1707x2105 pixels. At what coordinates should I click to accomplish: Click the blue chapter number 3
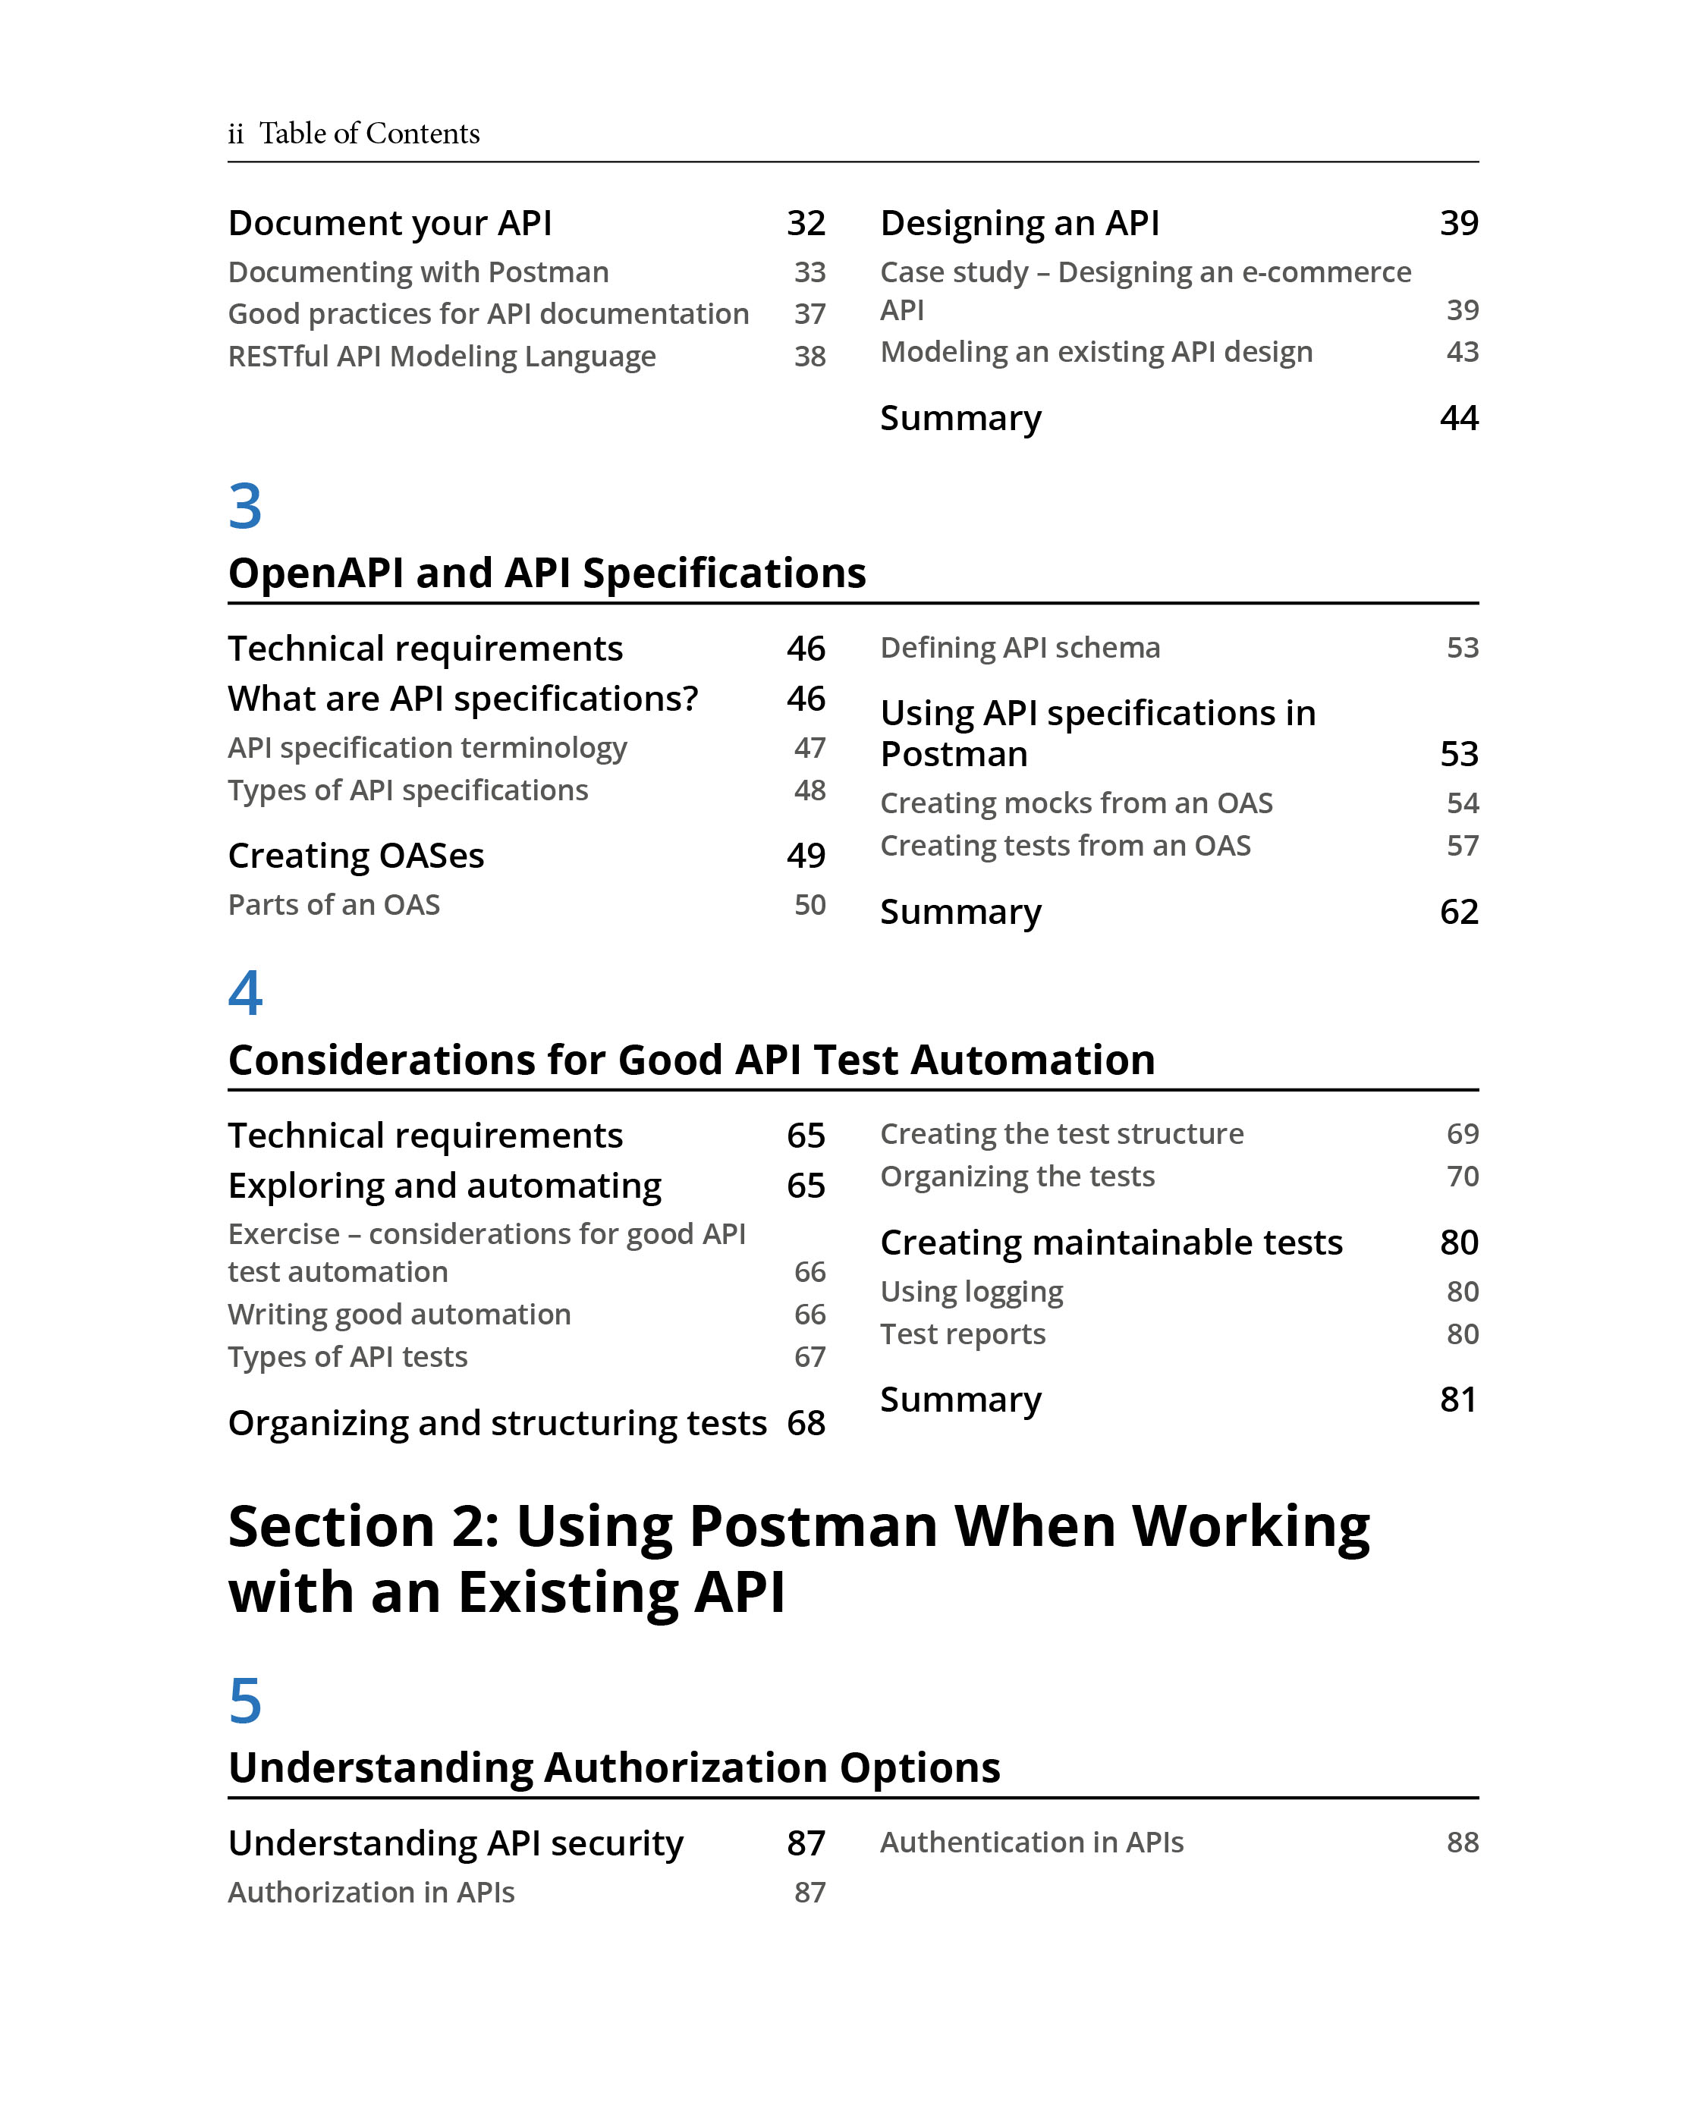pyautogui.click(x=245, y=507)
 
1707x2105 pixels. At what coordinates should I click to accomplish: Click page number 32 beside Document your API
pyautogui.click(x=805, y=223)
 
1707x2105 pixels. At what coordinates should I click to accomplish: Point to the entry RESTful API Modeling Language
pyautogui.click(x=442, y=356)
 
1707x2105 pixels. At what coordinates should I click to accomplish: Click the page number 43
pyautogui.click(x=1462, y=352)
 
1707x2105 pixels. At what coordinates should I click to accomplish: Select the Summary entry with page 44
pyautogui.click(x=960, y=418)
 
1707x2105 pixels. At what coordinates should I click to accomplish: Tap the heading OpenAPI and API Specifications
pyautogui.click(x=547, y=572)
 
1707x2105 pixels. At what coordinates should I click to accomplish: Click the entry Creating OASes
pyautogui.click(x=356, y=856)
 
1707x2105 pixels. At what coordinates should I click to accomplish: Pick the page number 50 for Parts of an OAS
pyautogui.click(x=809, y=904)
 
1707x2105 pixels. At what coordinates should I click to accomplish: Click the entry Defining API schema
pyautogui.click(x=1020, y=648)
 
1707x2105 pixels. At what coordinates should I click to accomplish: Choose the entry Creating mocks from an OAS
pyautogui.click(x=1076, y=803)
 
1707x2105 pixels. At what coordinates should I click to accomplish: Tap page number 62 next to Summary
pyautogui.click(x=1458, y=912)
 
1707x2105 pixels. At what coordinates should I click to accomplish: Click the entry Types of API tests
pyautogui.click(x=347, y=1357)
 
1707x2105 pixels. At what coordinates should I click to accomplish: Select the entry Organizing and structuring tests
pyautogui.click(x=497, y=1422)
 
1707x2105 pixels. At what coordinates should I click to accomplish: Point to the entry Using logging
pyautogui.click(x=972, y=1292)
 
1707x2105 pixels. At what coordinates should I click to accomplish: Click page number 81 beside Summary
pyautogui.click(x=1458, y=1399)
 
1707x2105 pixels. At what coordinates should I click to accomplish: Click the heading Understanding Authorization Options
pyautogui.click(x=614, y=1767)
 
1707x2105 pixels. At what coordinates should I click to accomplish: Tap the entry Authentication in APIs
pyautogui.click(x=1032, y=1843)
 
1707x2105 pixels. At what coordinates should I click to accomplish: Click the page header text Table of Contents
pyautogui.click(x=369, y=134)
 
